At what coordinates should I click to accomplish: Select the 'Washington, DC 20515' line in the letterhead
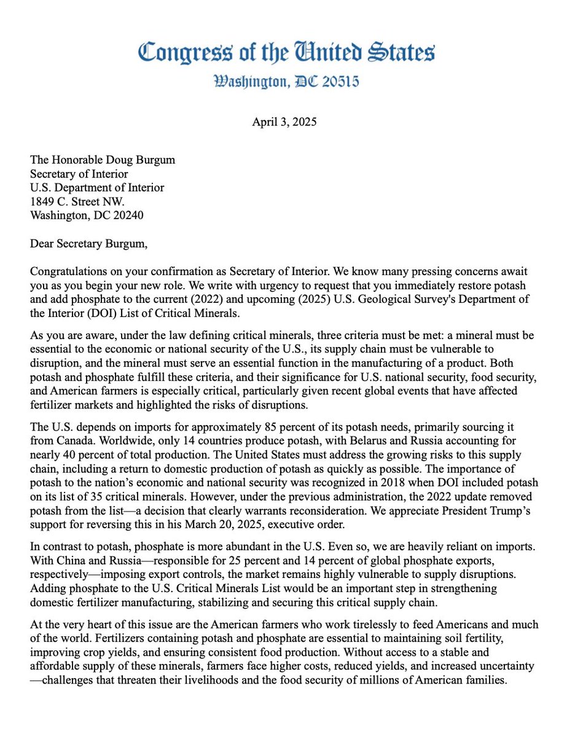(287, 82)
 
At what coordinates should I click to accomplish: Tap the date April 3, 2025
(284, 122)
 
